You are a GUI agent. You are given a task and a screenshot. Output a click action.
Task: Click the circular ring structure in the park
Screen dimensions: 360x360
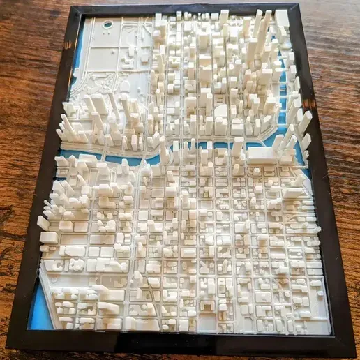[107, 24]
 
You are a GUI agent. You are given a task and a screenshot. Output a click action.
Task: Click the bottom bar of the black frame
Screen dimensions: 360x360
[181, 344]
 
